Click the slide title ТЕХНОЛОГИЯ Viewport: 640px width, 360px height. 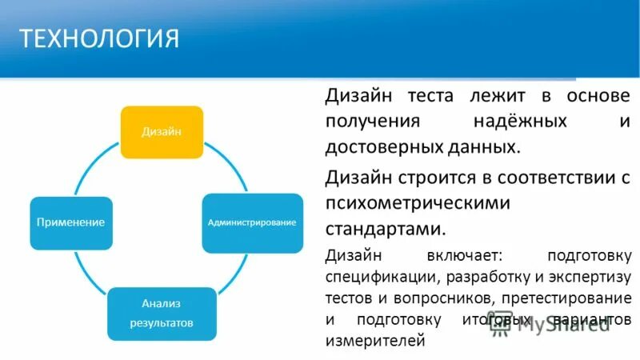coord(99,39)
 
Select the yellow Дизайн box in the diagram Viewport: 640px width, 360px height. coord(162,132)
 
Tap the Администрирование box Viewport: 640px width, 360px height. coord(252,222)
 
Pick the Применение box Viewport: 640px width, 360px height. coord(70,222)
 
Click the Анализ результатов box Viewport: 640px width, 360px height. coord(162,313)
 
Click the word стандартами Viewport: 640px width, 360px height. coord(385,229)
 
